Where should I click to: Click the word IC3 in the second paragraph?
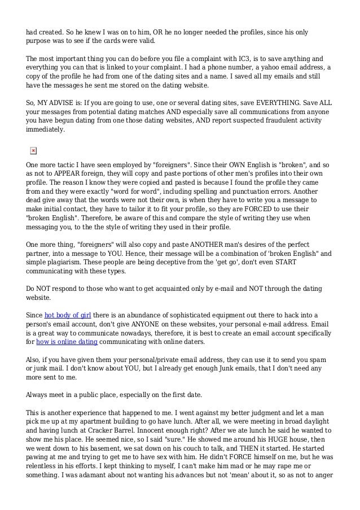[x=273, y=58]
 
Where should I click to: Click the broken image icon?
[x=33, y=150]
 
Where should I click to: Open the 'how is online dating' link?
[x=68, y=341]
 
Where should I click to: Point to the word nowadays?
[x=133, y=332]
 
